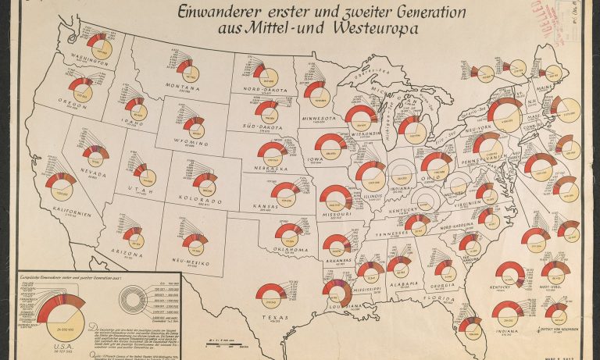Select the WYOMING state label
coord(193,143)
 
